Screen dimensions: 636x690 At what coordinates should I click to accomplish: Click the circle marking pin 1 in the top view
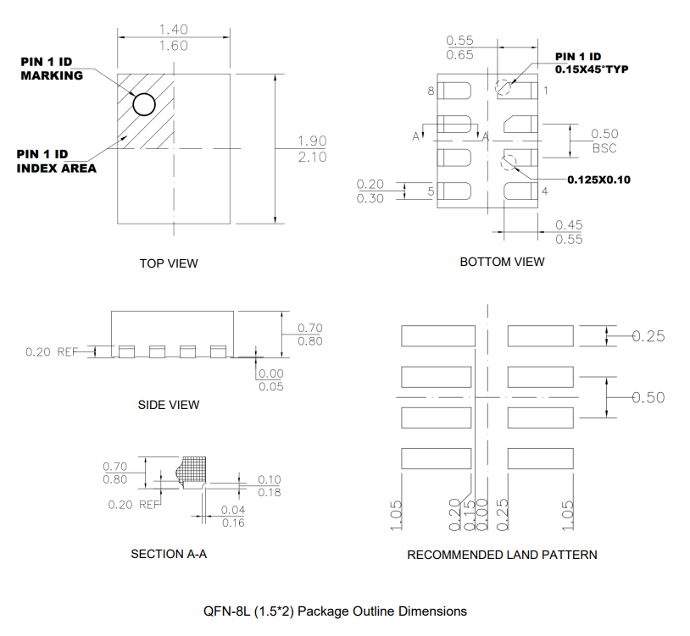pyautogui.click(x=144, y=104)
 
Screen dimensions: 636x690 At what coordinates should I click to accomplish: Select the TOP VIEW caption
pyautogui.click(x=169, y=263)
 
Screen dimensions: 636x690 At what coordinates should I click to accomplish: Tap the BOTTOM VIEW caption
pyautogui.click(x=502, y=262)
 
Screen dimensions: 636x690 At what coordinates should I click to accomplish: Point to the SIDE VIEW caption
pyautogui.click(x=169, y=405)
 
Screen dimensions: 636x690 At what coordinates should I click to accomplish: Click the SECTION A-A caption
pyautogui.click(x=169, y=555)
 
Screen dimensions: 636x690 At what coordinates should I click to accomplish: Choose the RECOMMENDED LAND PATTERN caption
pyautogui.click(x=502, y=555)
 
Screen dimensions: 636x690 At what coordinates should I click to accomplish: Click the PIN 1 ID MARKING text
pyautogui.click(x=52, y=68)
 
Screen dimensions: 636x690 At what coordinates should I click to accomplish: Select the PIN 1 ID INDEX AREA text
pyautogui.click(x=56, y=161)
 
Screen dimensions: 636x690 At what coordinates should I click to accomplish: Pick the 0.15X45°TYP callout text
pyautogui.click(x=591, y=69)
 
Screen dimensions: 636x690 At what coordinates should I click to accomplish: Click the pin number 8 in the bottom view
pyautogui.click(x=431, y=91)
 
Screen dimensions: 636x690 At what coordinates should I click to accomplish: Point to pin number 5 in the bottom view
pyautogui.click(x=431, y=191)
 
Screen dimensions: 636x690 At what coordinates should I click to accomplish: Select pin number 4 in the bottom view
pyautogui.click(x=544, y=191)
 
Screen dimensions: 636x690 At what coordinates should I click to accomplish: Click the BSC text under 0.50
pyautogui.click(x=604, y=148)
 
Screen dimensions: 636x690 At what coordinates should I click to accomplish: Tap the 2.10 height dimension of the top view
pyautogui.click(x=312, y=158)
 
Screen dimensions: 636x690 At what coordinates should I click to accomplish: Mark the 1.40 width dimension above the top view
pyautogui.click(x=173, y=30)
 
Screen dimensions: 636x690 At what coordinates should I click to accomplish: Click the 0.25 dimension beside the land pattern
pyautogui.click(x=648, y=336)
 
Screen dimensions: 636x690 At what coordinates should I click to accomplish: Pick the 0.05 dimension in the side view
pyautogui.click(x=271, y=386)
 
